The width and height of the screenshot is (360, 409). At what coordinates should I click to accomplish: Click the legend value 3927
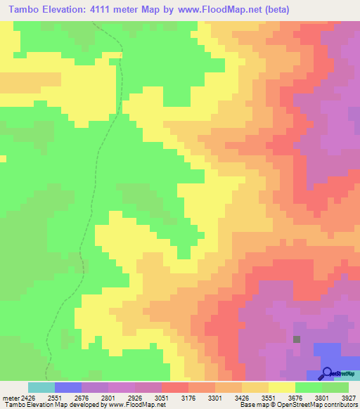click(x=347, y=397)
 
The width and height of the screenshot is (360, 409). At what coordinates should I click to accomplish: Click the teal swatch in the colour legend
click(x=41, y=387)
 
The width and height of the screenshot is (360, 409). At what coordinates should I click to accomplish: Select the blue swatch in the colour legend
click(x=67, y=387)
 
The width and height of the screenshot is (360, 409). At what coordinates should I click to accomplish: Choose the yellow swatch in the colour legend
click(x=281, y=387)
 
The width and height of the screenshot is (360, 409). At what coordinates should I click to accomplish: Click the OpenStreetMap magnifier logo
click(x=326, y=372)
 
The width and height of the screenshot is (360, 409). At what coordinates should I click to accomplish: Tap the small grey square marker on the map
click(x=297, y=339)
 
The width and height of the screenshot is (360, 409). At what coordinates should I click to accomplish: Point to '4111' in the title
click(x=103, y=9)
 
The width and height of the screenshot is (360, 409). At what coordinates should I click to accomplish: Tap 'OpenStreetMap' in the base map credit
click(x=297, y=405)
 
